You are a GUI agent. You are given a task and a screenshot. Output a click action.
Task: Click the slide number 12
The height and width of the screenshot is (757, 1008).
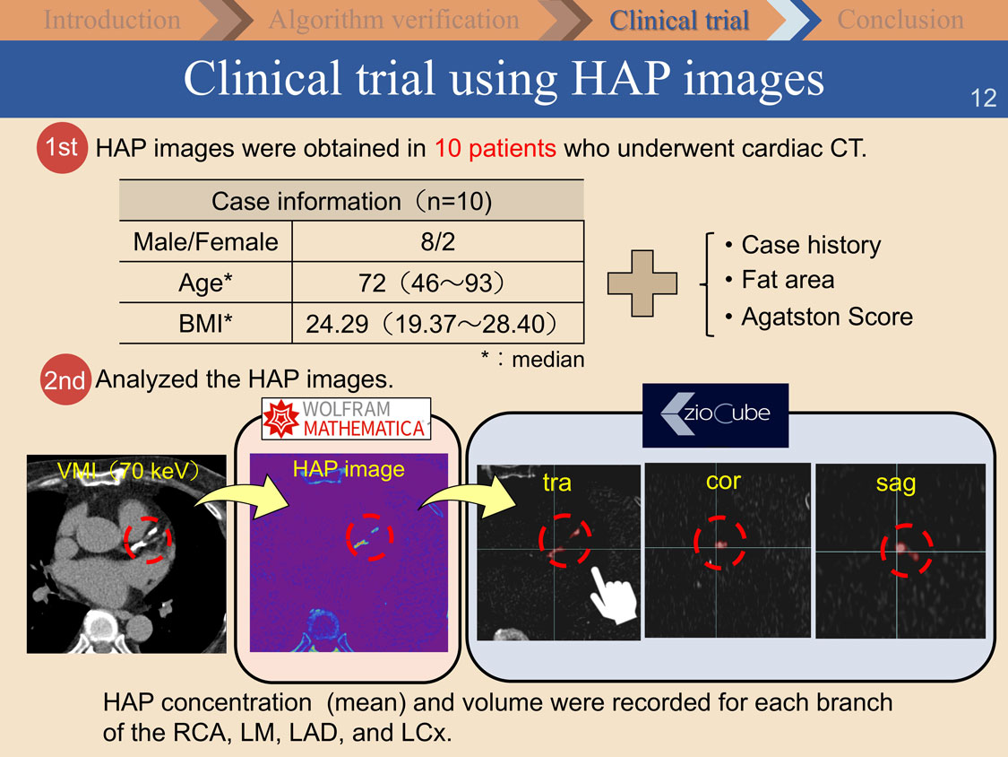coord(983,98)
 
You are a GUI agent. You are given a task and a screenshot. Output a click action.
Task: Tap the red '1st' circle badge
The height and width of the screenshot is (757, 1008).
coord(62,147)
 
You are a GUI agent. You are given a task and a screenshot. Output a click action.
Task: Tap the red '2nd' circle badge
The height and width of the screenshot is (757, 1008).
coord(65,379)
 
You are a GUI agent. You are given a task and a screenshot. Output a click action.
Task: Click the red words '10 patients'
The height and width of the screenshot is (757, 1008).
coord(495,148)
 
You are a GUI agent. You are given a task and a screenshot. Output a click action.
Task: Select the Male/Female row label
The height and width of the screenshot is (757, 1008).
coord(206,242)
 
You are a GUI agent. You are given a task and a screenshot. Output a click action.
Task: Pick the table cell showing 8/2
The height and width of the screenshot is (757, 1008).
coord(438,242)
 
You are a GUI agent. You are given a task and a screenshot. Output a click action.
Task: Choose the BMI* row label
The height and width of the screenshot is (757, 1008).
coord(206,323)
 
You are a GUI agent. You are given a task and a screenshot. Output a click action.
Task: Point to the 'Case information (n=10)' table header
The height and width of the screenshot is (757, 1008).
coord(351,201)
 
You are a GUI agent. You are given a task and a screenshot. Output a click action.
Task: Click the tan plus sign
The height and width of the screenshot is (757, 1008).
coord(642,283)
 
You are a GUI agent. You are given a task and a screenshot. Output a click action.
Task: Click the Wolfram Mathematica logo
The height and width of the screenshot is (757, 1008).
coord(346,418)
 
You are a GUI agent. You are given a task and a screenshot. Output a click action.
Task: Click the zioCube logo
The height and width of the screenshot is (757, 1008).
coord(716,415)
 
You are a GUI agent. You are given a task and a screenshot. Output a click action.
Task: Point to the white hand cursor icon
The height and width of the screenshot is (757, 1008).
coord(613,596)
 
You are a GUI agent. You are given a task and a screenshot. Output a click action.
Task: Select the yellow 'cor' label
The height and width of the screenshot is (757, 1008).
coord(723,481)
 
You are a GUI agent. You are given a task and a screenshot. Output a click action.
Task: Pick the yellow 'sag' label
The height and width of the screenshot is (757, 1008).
coord(895,483)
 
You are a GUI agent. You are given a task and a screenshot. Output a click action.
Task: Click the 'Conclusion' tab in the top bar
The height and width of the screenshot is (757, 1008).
coord(900,20)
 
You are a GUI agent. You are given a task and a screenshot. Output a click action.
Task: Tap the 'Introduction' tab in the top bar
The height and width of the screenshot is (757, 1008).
coord(112,20)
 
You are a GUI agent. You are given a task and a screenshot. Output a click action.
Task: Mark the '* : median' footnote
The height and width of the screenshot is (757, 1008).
coord(533,359)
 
